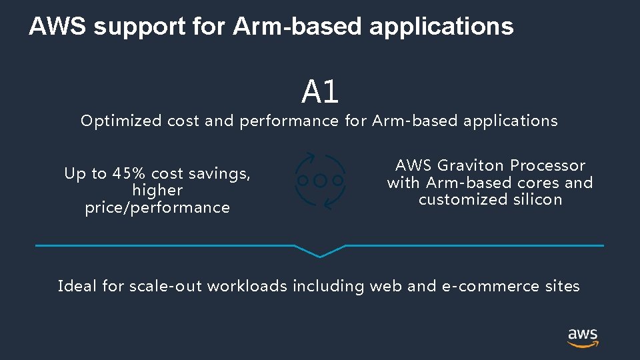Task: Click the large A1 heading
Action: coord(320,92)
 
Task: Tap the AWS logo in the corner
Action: coord(583,337)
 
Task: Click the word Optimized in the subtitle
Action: coord(121,121)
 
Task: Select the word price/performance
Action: coord(157,207)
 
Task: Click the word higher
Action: coord(157,190)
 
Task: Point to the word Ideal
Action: coord(77,286)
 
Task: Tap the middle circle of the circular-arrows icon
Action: coord(320,181)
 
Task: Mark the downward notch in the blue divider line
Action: coord(320,253)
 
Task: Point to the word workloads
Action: coord(247,286)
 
